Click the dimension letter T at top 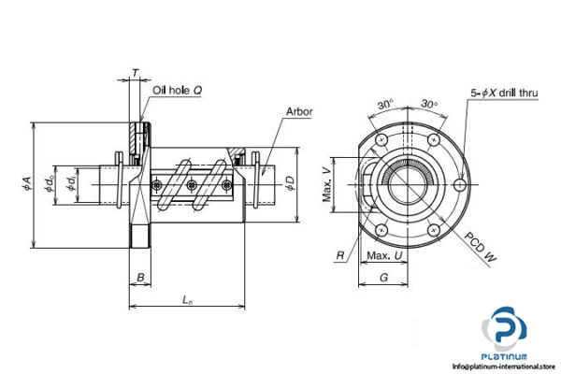click(137, 72)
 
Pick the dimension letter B click(138, 278)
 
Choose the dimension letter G click(383, 278)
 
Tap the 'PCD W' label click(478, 249)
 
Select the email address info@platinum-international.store click(506, 366)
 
